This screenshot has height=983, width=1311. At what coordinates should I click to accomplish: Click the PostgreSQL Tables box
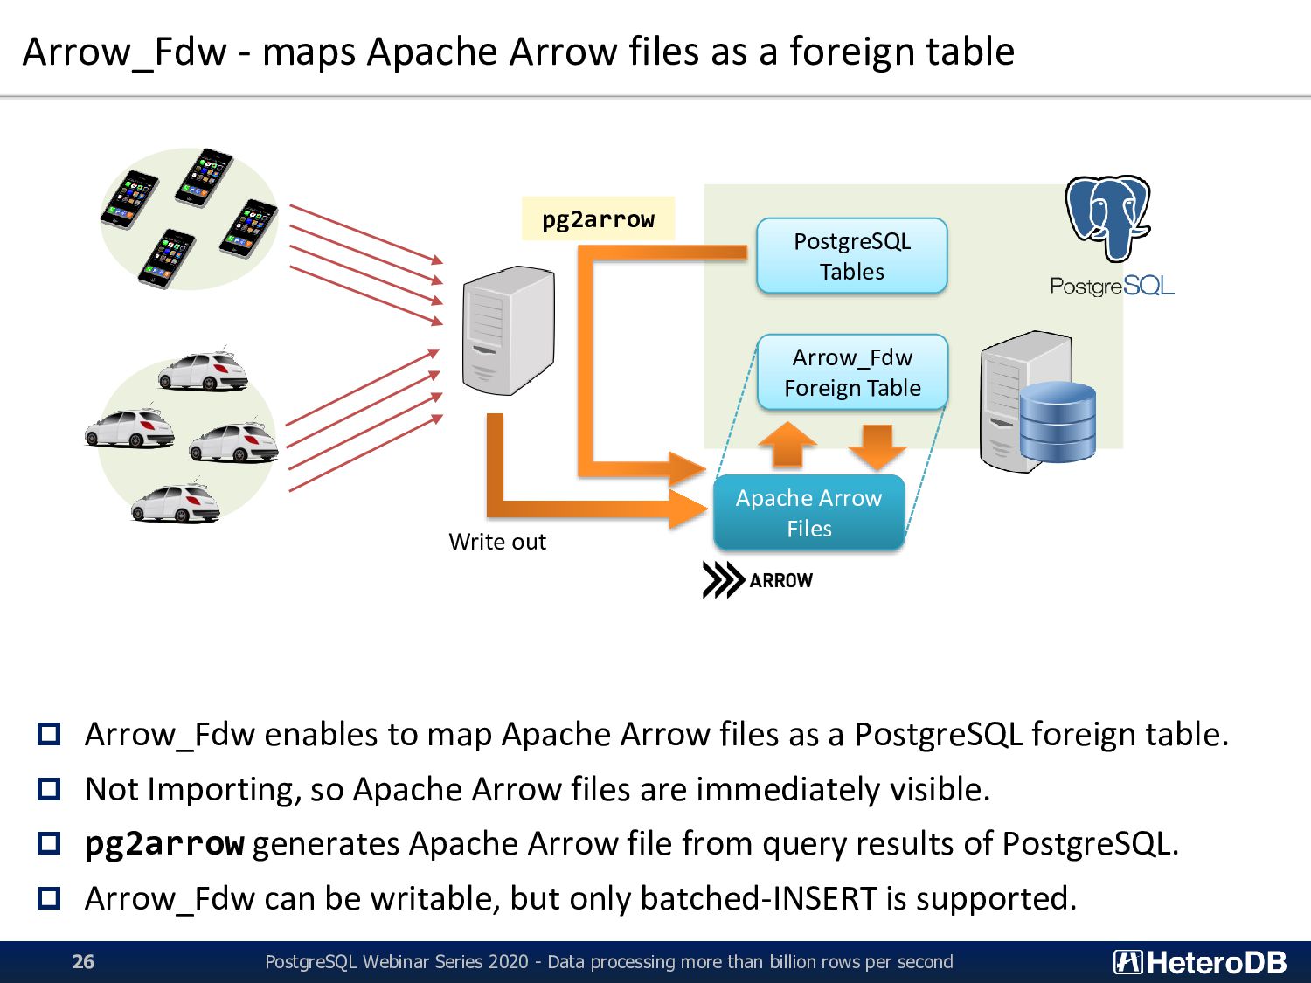click(x=851, y=256)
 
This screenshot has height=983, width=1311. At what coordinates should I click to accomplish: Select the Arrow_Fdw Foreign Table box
click(x=852, y=372)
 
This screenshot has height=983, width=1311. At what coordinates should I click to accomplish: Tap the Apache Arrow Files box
click(x=809, y=513)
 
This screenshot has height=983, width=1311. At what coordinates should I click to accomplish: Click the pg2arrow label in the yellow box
click(x=598, y=219)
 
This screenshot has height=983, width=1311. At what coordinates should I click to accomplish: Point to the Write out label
click(x=497, y=542)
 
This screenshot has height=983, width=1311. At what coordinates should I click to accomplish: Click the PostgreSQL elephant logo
click(x=1108, y=218)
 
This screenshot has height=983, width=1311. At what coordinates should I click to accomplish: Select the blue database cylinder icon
click(x=1058, y=422)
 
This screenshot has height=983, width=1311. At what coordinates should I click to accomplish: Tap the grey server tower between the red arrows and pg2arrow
click(x=509, y=330)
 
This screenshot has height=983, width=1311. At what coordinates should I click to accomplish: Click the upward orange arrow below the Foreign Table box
click(x=787, y=444)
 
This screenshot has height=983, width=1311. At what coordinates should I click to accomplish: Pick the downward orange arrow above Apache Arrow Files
click(x=877, y=447)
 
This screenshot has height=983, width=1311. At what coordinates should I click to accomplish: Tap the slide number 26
click(x=83, y=961)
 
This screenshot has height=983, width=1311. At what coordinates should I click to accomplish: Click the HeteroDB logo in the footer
click(x=1200, y=962)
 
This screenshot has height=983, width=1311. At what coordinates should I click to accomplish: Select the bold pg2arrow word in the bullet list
click(x=164, y=844)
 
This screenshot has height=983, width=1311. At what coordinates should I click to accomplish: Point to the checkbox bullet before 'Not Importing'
click(x=49, y=789)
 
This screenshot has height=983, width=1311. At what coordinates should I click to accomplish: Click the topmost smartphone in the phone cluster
click(x=204, y=177)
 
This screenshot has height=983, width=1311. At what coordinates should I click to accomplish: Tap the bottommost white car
click(x=176, y=504)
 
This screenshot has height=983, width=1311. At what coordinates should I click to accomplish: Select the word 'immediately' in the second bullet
click(x=788, y=790)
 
